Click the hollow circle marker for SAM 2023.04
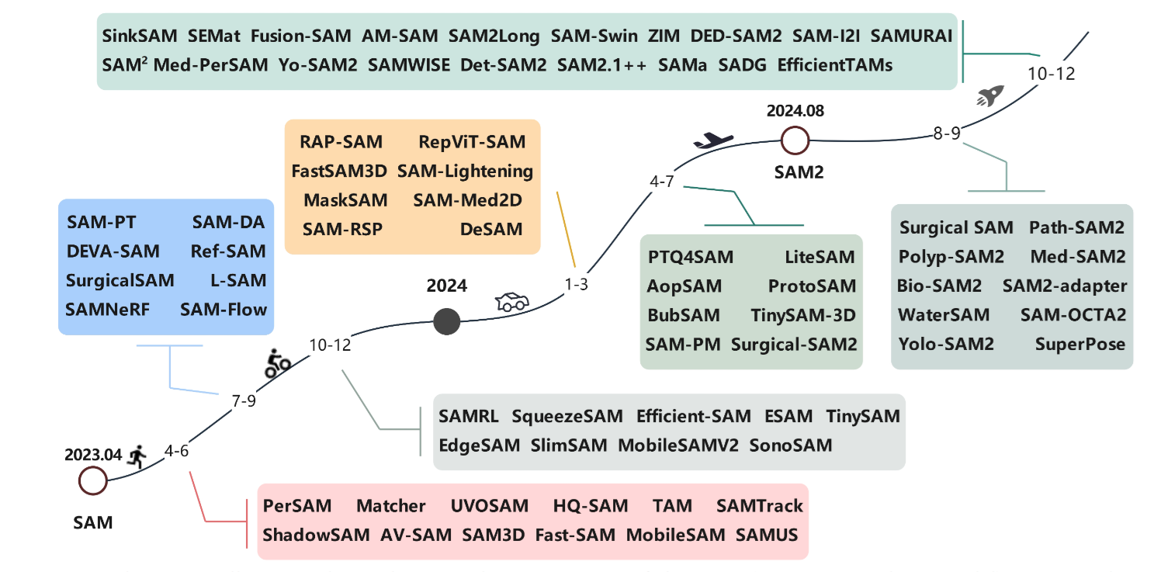tap(93, 480)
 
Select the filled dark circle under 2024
tap(446, 321)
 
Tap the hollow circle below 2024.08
tap(794, 141)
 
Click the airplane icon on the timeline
tap(712, 140)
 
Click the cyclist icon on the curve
tap(277, 362)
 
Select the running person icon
tap(139, 456)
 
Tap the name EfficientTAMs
tap(834, 65)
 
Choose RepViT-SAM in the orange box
tap(471, 142)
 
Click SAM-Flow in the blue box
tap(224, 310)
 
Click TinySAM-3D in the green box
tap(803, 315)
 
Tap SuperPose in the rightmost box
tap(1079, 344)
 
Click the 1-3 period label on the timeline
tap(577, 284)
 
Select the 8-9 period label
tap(947, 133)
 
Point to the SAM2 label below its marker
tap(798, 172)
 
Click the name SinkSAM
tap(139, 36)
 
